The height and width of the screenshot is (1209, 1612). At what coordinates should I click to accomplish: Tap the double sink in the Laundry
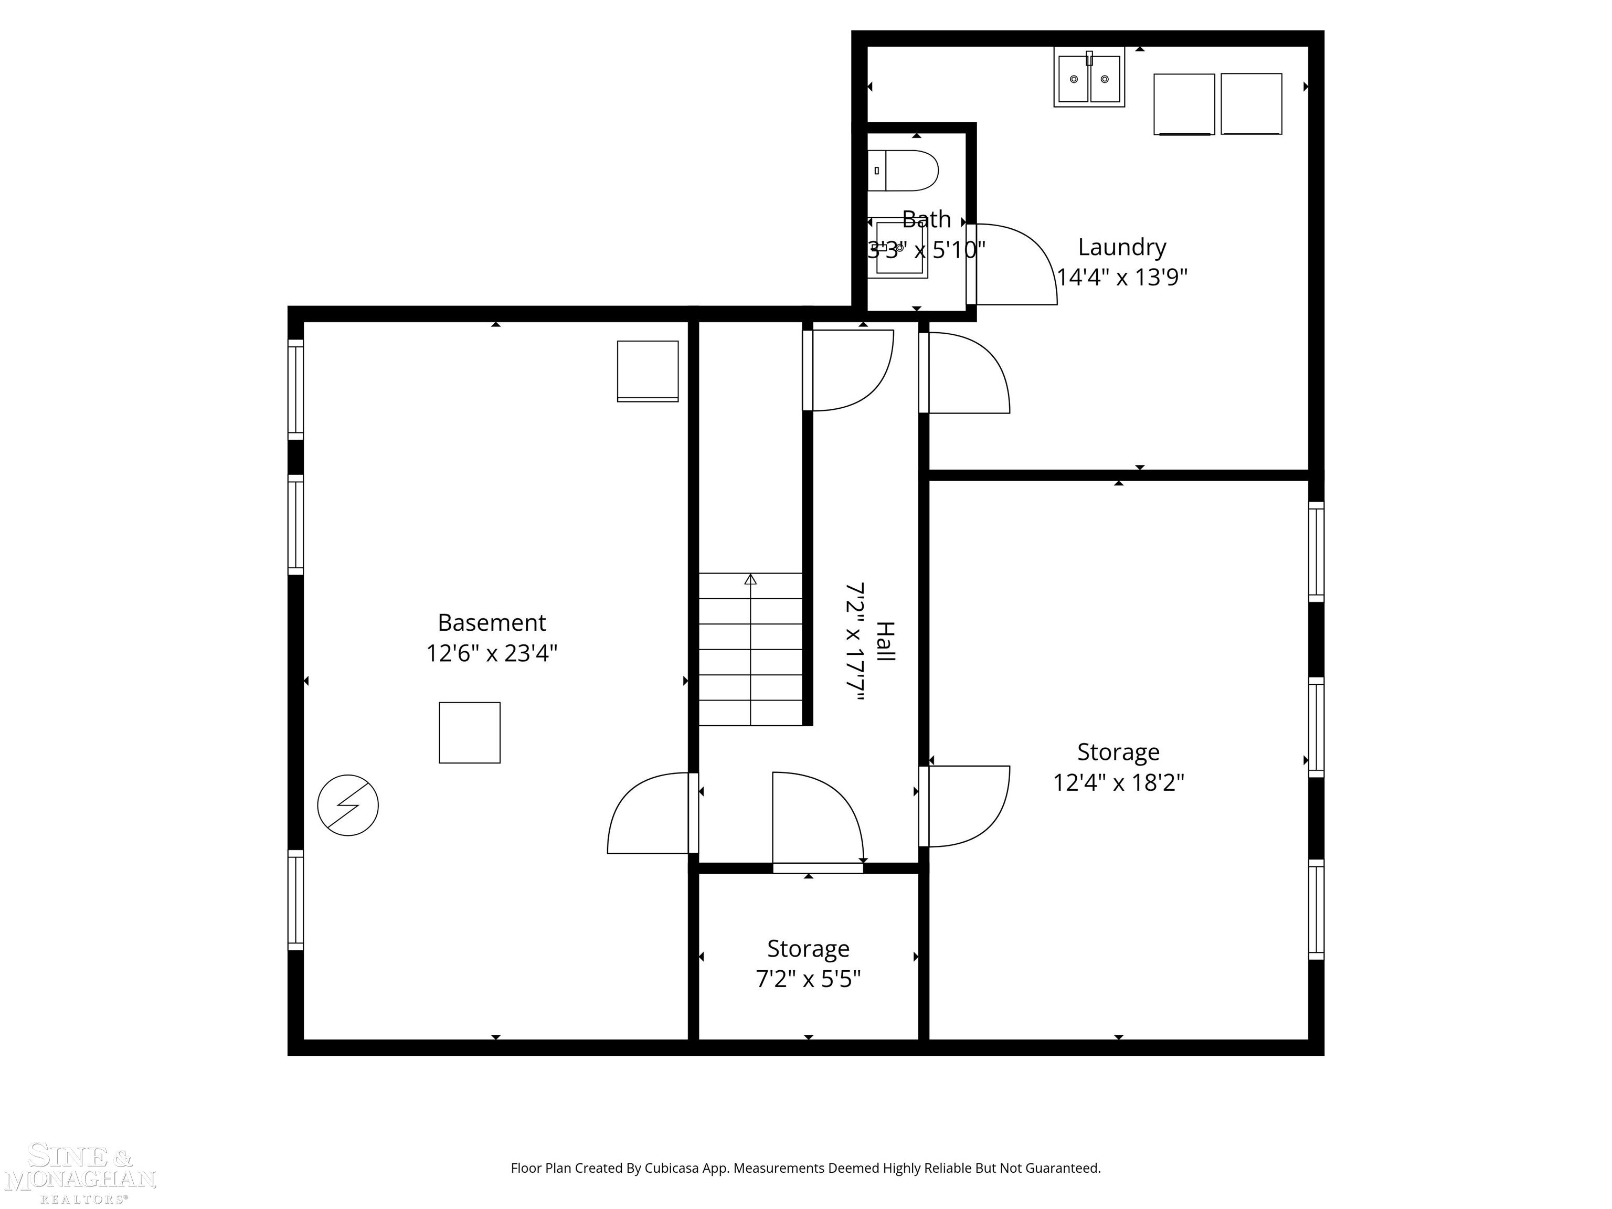(1089, 77)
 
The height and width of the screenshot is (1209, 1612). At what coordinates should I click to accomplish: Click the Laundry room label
(1121, 247)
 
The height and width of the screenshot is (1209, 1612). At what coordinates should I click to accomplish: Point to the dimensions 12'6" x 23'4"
(492, 653)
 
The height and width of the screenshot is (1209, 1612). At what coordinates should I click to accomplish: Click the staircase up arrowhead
(750, 579)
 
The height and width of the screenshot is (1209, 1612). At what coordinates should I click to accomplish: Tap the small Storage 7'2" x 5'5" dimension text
(808, 979)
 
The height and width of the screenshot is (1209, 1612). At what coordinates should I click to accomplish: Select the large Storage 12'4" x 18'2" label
(1118, 752)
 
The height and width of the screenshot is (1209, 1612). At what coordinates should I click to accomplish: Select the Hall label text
(884, 641)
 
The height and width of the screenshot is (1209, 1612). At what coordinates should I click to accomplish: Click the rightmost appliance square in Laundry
(1252, 103)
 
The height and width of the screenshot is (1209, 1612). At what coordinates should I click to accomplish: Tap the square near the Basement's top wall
(648, 371)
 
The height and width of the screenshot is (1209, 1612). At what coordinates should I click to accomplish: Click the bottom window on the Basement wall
(295, 900)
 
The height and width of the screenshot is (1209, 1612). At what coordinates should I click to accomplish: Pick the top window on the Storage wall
(1316, 552)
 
